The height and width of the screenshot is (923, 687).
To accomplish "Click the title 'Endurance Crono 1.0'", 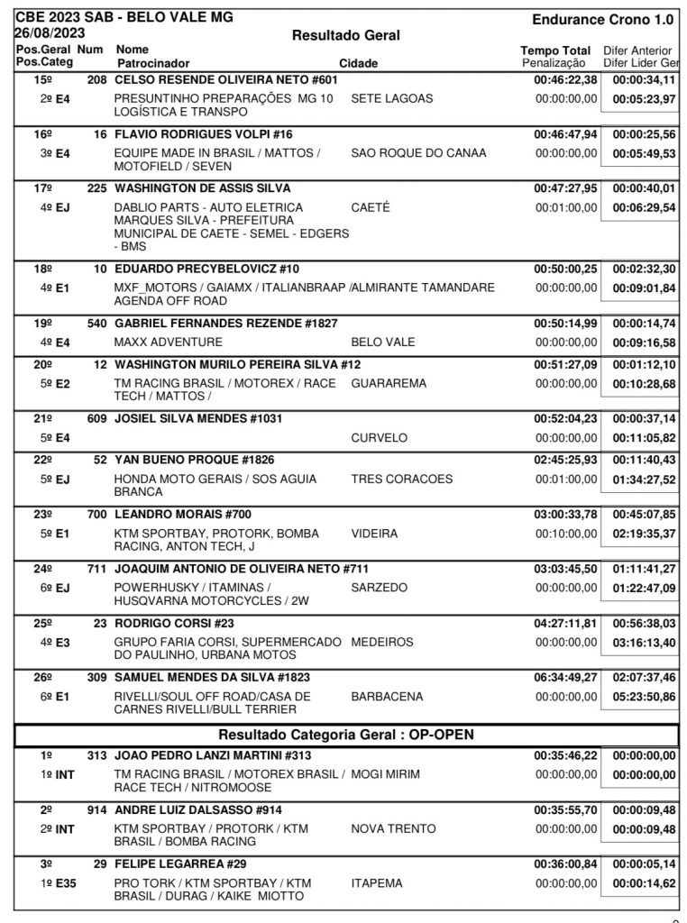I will click(x=602, y=19).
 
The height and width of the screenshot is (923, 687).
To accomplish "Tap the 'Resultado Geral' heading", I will click(x=346, y=35).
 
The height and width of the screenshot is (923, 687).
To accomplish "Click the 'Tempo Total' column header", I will click(x=555, y=50).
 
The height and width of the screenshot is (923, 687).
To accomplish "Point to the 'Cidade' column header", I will click(x=358, y=64).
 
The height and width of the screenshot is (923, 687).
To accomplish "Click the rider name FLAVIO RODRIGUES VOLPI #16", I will click(x=203, y=134).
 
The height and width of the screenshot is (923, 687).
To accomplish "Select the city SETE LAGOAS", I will click(x=391, y=98).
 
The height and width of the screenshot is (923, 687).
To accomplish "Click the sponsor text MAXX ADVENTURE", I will click(x=168, y=343).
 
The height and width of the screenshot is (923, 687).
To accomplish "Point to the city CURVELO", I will click(x=379, y=438).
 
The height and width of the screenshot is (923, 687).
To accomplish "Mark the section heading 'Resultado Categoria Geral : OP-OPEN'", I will click(x=346, y=735).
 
